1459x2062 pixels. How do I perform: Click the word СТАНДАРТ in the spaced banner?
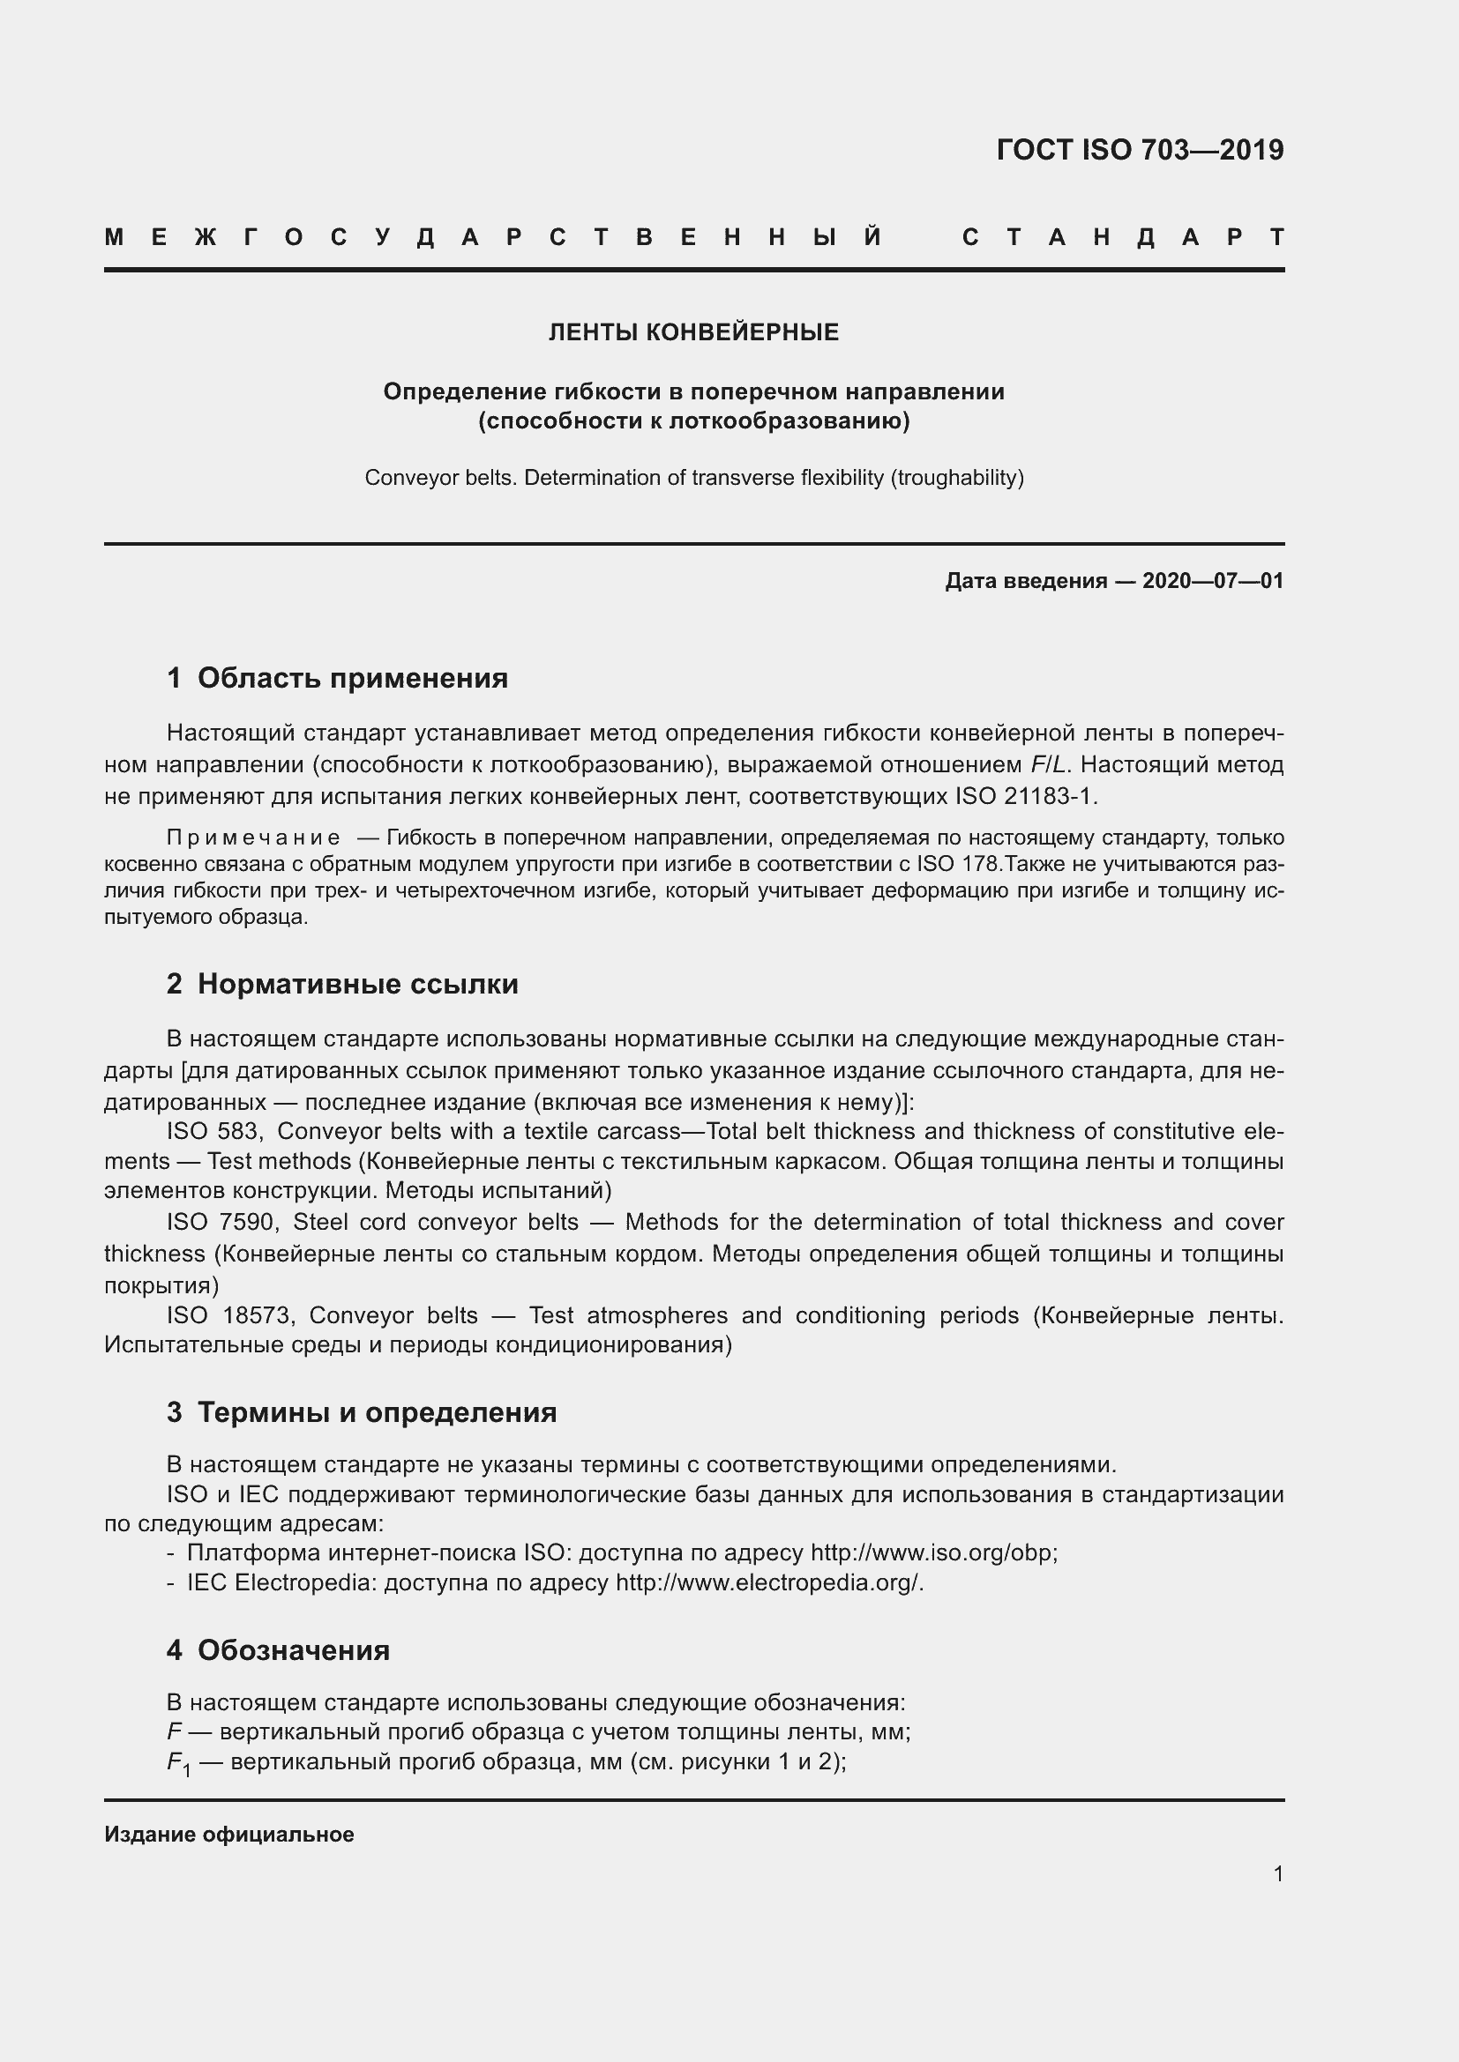(x=1123, y=238)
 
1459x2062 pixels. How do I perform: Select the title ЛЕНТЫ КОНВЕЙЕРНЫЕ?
(x=693, y=332)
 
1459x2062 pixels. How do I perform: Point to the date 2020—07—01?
(x=1213, y=581)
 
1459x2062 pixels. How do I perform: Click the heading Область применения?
(x=352, y=678)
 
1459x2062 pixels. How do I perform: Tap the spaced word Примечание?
(x=253, y=837)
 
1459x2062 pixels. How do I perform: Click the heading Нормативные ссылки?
(x=357, y=985)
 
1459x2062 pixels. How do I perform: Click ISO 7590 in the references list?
(x=223, y=1222)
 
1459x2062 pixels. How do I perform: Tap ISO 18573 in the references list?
(x=228, y=1315)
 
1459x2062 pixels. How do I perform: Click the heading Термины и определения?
(x=377, y=1412)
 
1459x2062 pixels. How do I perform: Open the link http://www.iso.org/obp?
(x=933, y=1552)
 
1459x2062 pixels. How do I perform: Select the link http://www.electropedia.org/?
(x=769, y=1582)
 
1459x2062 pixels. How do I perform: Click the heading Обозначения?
(x=293, y=1650)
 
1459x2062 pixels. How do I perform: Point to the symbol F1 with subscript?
(x=179, y=1764)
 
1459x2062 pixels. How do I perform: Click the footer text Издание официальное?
(x=229, y=1835)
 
